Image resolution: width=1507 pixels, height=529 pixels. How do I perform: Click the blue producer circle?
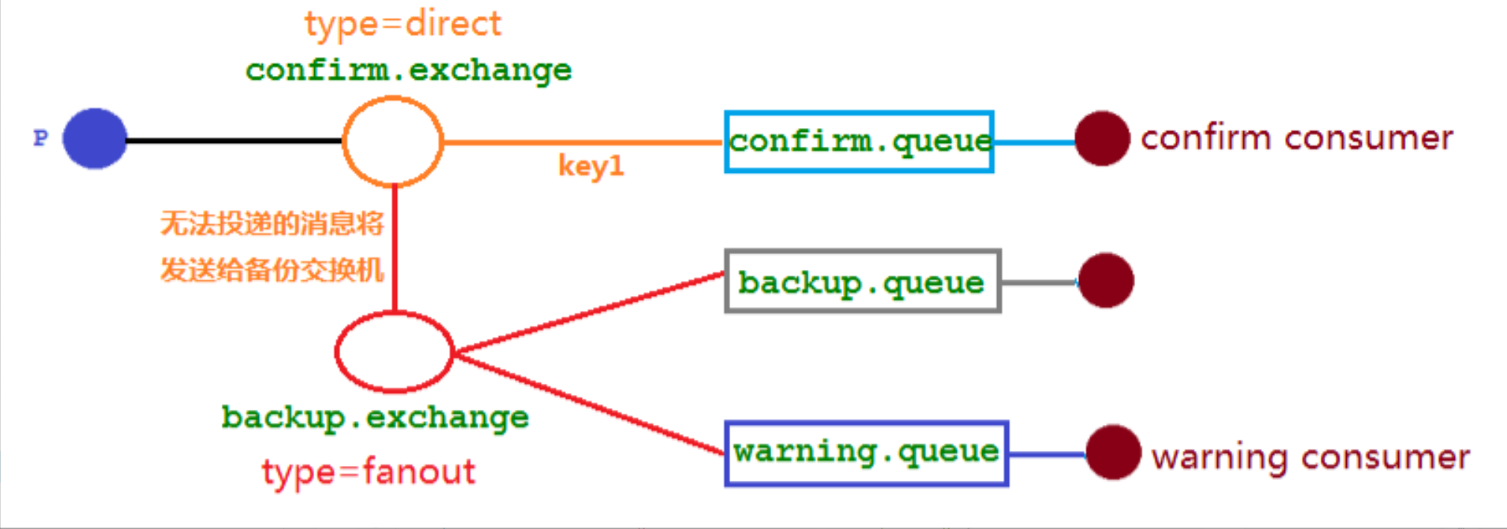(95, 139)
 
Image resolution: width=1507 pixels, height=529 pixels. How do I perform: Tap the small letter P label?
(40, 138)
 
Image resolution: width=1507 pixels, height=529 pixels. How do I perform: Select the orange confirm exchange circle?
(392, 141)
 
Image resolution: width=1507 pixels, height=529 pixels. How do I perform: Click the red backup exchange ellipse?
(394, 352)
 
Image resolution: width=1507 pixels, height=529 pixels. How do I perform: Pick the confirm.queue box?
(859, 142)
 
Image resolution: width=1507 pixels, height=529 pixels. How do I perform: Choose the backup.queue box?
(862, 282)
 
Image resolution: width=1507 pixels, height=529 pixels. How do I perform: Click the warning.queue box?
(866, 453)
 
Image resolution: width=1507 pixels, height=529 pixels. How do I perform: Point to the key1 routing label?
(590, 166)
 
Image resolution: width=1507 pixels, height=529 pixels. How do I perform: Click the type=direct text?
(403, 24)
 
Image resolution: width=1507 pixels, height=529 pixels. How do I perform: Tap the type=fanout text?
(369, 472)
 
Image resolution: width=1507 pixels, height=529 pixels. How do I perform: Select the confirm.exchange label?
(408, 70)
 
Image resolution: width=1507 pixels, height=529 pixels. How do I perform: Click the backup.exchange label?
(375, 417)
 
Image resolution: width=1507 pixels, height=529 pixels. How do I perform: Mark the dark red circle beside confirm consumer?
(1102, 138)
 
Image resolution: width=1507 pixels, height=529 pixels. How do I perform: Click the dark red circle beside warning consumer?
(1113, 452)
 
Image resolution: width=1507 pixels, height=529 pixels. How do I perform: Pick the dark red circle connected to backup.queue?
(1106, 280)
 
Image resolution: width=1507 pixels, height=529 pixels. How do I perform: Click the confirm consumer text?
(1296, 138)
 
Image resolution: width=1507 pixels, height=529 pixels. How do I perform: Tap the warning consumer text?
(1310, 457)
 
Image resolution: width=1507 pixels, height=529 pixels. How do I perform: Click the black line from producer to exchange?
(234, 141)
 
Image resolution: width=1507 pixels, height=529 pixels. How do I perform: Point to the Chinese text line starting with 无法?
(272, 223)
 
